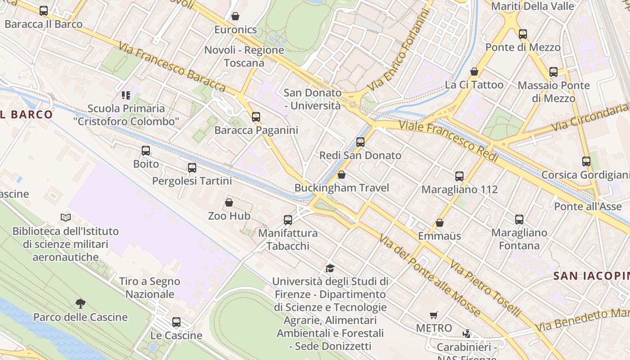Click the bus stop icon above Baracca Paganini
(256, 117)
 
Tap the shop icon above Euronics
(235, 17)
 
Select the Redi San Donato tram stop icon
(360, 142)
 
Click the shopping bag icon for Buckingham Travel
(342, 175)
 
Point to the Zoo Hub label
(229, 216)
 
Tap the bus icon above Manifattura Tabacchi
(288, 220)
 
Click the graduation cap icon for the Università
(330, 269)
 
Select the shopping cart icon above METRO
(434, 315)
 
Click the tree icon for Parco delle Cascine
(81, 304)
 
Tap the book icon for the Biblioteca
(66, 218)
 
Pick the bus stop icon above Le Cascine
(176, 322)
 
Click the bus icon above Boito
(146, 151)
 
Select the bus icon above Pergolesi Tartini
(192, 168)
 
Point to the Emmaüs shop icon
(440, 223)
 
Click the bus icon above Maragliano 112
(459, 176)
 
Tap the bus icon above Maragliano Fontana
(519, 220)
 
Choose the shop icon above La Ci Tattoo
(474, 72)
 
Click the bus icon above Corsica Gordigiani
(586, 162)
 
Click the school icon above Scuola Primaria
(126, 95)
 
